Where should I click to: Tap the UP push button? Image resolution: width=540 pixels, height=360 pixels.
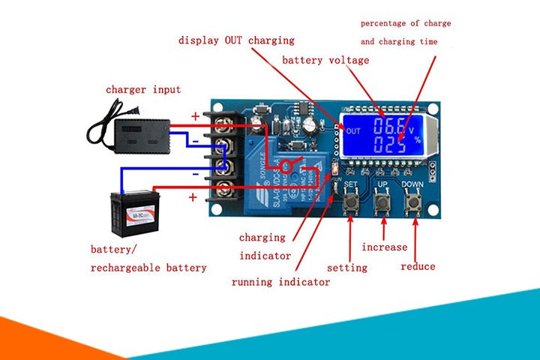click(x=382, y=200)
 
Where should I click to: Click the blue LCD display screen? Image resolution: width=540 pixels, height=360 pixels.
click(x=382, y=135)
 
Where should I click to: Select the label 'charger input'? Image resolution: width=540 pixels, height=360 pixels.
click(x=143, y=90)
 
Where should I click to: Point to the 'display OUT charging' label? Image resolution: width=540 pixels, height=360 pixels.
click(x=236, y=40)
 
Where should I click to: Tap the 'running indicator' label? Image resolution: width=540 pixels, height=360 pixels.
click(x=280, y=283)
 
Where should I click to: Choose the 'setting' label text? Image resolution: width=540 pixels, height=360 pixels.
click(x=347, y=268)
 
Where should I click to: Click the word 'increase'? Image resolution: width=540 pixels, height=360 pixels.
click(x=385, y=247)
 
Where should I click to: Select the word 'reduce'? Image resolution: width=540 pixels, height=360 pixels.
click(x=418, y=266)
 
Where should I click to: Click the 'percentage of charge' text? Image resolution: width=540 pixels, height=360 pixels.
click(x=406, y=24)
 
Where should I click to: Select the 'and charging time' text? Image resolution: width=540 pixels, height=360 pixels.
click(x=399, y=42)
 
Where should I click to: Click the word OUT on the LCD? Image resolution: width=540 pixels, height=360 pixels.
click(x=353, y=130)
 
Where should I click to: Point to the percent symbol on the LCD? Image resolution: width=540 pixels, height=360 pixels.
click(x=418, y=140)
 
